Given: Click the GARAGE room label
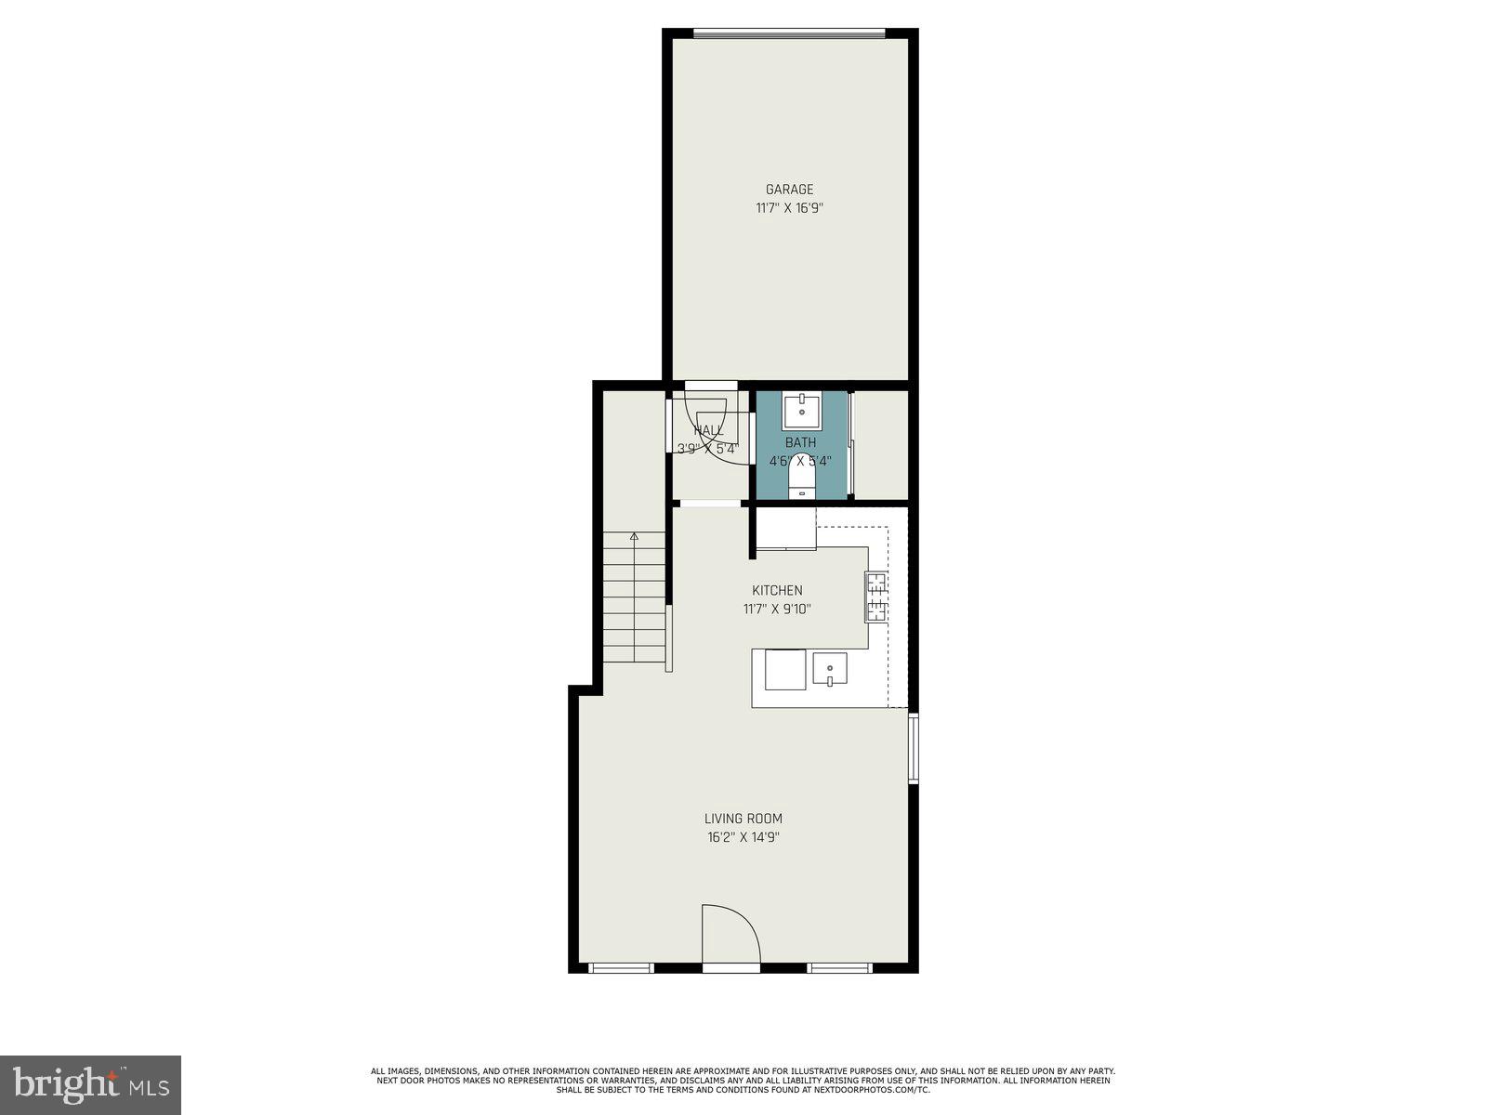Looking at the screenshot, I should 789,190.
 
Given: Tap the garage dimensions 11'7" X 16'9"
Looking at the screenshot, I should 789,208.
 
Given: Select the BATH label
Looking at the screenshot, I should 800,442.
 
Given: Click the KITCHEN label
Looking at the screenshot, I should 777,590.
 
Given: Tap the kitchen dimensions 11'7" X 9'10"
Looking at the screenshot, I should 777,610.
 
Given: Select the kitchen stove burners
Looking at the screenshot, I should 876,597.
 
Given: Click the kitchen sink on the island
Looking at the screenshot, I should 830,668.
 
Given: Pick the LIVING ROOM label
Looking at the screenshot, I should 743,819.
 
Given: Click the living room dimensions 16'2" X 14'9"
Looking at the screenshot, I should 743,837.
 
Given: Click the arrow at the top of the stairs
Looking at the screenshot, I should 635,536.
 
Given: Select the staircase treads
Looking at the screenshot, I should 635,599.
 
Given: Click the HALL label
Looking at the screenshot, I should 708,430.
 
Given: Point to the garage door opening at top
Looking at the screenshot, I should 789,34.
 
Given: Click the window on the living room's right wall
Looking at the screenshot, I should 914,747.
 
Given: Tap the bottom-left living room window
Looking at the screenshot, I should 621,968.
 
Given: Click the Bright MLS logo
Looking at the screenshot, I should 91,1083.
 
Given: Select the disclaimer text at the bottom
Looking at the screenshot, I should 743,1081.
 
